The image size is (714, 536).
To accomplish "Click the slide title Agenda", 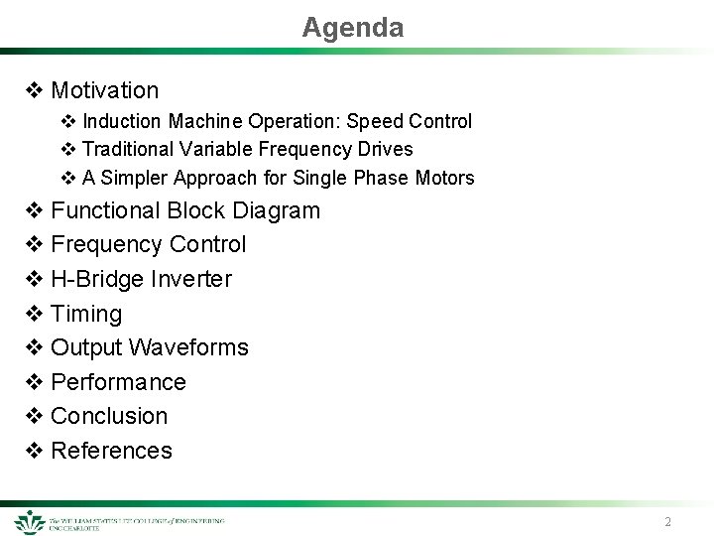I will [353, 28].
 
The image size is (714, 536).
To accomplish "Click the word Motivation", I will [104, 90].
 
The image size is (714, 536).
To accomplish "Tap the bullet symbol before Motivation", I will [33, 90].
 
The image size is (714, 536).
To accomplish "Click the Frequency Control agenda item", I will [148, 244].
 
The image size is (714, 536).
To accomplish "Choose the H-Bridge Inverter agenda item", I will [141, 279].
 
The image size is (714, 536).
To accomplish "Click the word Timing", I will [86, 314].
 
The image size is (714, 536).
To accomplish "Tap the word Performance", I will [118, 382].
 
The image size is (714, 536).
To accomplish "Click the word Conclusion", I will [109, 416].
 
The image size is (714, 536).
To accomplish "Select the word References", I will [111, 451].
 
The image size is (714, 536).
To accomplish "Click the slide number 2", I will [667, 522].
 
